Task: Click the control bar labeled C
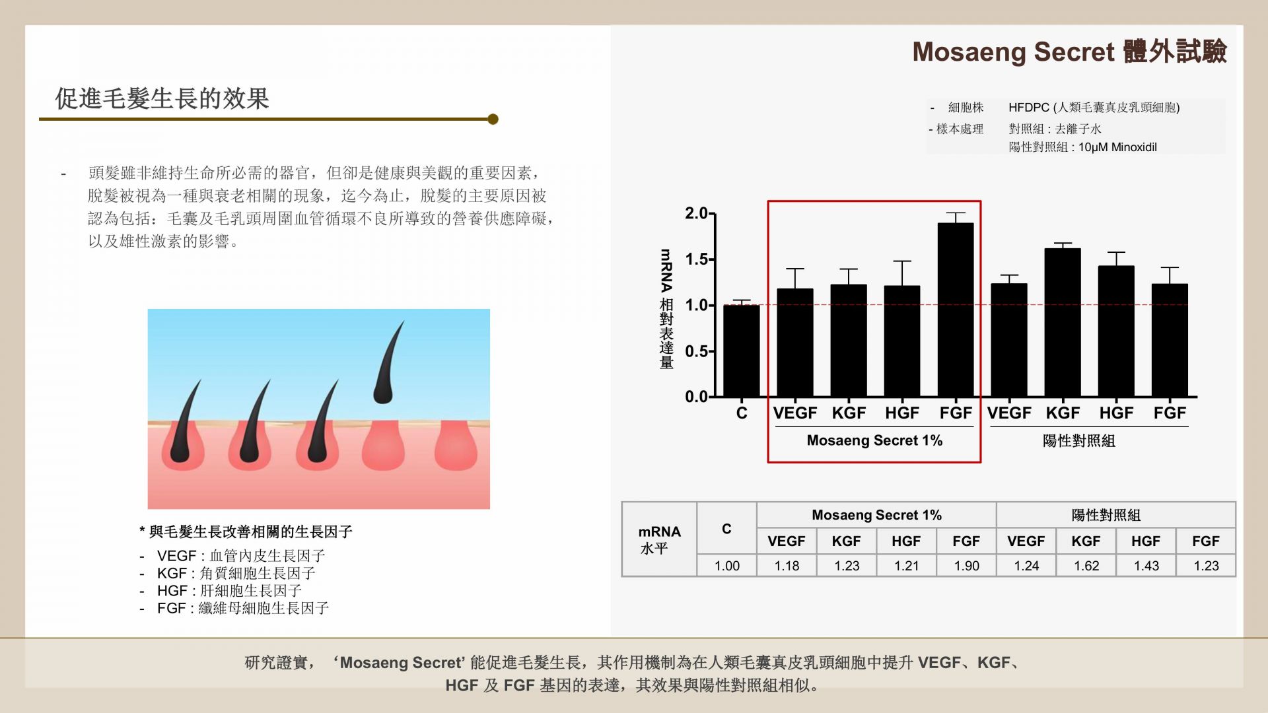coord(742,351)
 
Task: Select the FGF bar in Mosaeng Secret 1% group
coord(956,310)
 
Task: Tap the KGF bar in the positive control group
coord(1063,323)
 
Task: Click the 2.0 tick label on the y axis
coord(696,213)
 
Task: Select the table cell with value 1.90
coord(966,566)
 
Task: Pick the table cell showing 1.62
coord(1086,566)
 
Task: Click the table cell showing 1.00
coord(726,566)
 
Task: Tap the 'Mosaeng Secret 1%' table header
coord(876,515)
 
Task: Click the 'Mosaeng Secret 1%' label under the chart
coord(874,440)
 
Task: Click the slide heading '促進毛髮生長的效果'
coord(162,99)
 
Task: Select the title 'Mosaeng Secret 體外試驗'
coord(1069,51)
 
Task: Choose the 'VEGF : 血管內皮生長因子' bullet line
coord(241,556)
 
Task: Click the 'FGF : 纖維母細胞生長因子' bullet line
coord(243,608)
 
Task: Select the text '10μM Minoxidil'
coord(1117,147)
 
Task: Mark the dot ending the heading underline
coord(493,119)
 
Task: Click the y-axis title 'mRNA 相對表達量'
coord(666,308)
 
